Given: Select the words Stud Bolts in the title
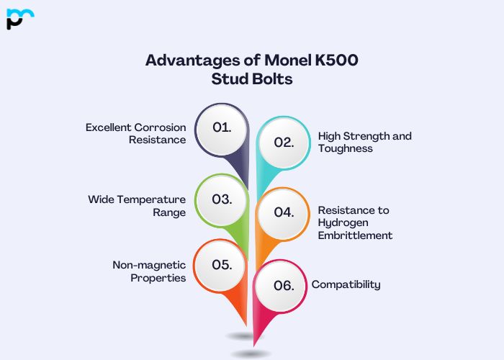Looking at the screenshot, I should (x=252, y=79).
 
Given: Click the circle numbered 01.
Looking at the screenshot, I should (x=222, y=128).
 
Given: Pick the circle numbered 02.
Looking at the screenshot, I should (x=284, y=142).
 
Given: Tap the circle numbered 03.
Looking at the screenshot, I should (x=222, y=199).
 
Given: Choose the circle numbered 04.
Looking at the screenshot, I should (x=284, y=213).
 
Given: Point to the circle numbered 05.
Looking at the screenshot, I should (x=221, y=264).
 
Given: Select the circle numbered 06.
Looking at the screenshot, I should (x=284, y=285).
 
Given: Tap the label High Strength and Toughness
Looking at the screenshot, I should (x=364, y=142).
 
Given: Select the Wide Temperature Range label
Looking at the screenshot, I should (x=137, y=206).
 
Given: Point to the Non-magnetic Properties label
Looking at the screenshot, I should (x=149, y=271).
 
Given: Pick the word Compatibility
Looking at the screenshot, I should (x=346, y=284).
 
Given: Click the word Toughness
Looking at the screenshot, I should (x=345, y=148).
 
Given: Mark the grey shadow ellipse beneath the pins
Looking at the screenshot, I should (x=251, y=354).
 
